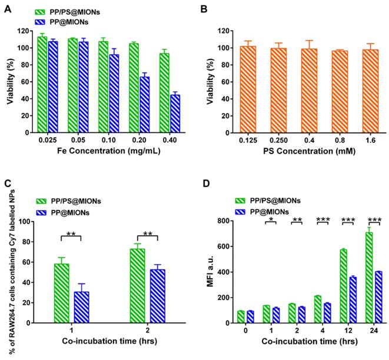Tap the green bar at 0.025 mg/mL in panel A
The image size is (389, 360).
[42, 85]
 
